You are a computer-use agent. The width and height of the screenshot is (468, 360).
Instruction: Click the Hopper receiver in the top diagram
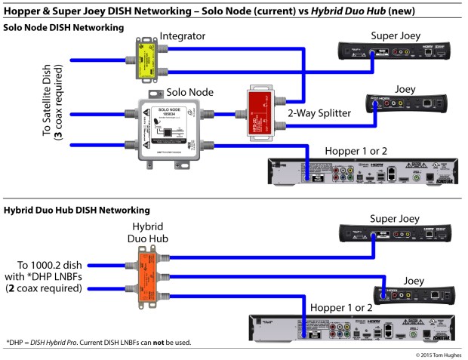click(x=362, y=169)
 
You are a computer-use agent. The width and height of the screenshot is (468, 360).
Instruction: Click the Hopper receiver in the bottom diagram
click(x=355, y=330)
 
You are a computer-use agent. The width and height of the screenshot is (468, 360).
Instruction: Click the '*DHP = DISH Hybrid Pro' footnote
click(x=98, y=343)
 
